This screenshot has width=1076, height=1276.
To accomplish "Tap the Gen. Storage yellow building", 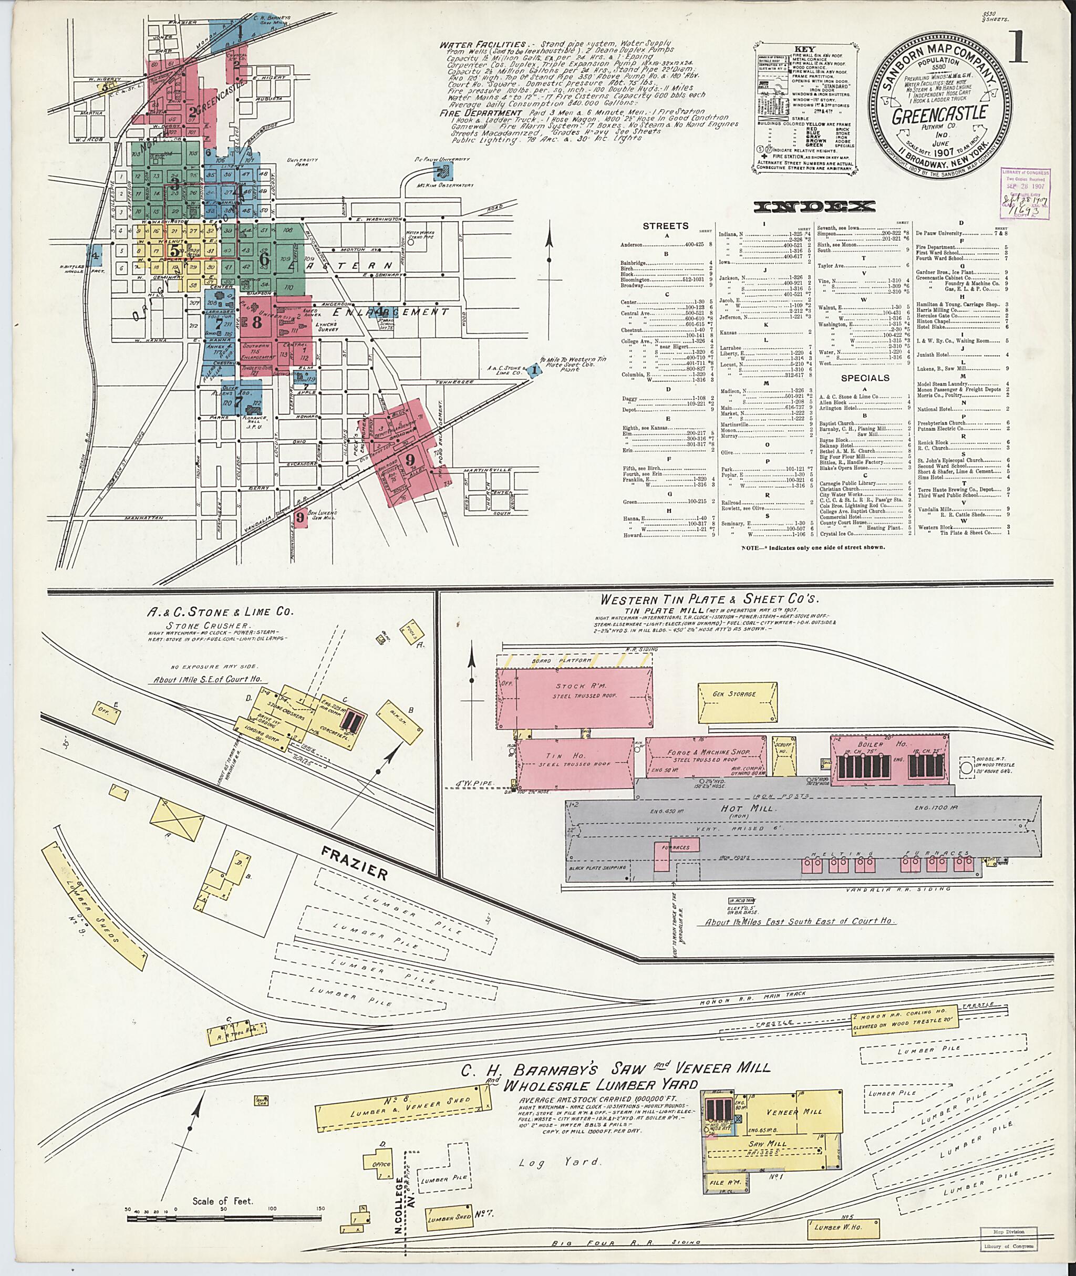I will click(x=734, y=694).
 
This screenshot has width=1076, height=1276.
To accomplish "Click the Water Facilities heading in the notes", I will click(x=483, y=45).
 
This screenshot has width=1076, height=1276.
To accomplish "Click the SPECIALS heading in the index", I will click(x=864, y=378).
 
